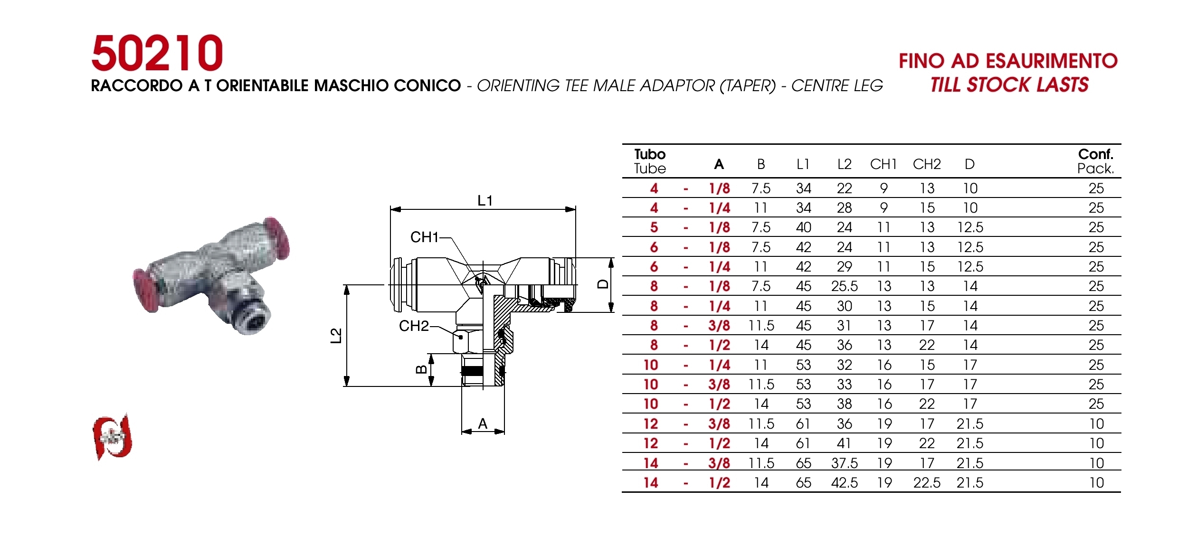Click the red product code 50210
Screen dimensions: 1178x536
pyautogui.click(x=157, y=53)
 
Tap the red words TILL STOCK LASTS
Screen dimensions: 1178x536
pyautogui.click(x=1009, y=85)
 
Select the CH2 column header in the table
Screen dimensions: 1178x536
pyautogui.click(x=927, y=164)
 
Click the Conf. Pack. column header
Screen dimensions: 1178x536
pyautogui.click(x=1095, y=161)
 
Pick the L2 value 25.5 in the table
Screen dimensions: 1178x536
pyautogui.click(x=845, y=286)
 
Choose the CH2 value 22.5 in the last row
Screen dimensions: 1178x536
pyautogui.click(x=927, y=483)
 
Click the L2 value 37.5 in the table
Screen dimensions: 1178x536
pyautogui.click(x=845, y=463)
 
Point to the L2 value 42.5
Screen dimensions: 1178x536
pyautogui.click(x=845, y=483)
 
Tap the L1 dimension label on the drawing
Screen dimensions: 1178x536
pyautogui.click(x=485, y=201)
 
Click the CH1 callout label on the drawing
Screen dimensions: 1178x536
pyautogui.click(x=424, y=237)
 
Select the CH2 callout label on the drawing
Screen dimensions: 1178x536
pyautogui.click(x=414, y=326)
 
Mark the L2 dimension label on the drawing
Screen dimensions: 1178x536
pyautogui.click(x=336, y=336)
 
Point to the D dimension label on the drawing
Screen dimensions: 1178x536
pyautogui.click(x=603, y=284)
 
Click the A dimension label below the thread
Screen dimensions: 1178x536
pyautogui.click(x=483, y=423)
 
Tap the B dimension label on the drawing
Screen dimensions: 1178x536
pyautogui.click(x=421, y=369)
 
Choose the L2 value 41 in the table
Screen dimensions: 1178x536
pyautogui.click(x=844, y=443)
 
